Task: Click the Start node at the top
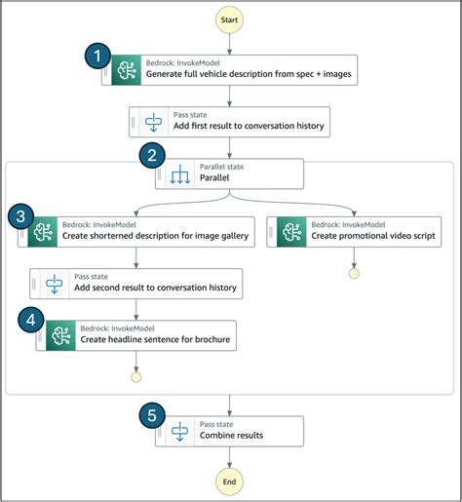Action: pos(230,19)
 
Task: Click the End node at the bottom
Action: pos(230,481)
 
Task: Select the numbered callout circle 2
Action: pos(151,156)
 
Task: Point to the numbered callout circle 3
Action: pos(22,215)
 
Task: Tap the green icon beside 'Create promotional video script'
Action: pos(292,232)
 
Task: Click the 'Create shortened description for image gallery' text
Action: pos(156,236)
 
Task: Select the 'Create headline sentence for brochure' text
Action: pos(149,339)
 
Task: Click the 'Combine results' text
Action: pos(231,435)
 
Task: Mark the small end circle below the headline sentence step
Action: pos(136,375)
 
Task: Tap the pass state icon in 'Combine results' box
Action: pos(179,430)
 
